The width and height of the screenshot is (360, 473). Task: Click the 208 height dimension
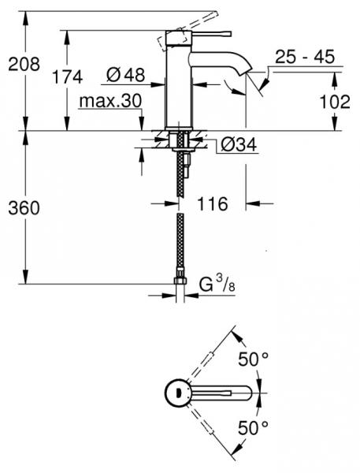24,65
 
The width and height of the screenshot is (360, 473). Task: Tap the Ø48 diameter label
125,76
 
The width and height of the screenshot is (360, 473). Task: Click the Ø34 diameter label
236,146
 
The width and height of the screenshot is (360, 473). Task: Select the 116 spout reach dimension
212,203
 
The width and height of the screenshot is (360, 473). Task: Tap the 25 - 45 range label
305,57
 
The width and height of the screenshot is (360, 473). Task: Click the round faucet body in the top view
177,392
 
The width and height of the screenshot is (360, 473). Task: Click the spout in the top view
225,392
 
